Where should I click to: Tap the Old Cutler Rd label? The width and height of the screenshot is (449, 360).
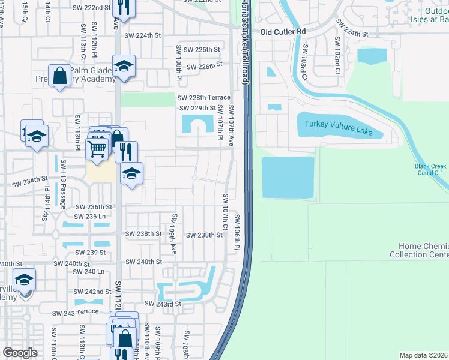coord(283,31)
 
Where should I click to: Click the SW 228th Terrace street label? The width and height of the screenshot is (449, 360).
coord(203,98)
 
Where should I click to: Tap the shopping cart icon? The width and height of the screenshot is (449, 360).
coord(96,147)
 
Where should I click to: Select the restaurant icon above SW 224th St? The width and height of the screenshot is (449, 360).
coord(124,7)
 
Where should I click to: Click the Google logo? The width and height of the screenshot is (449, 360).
coord(20,353)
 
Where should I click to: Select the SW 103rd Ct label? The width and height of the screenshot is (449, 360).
coord(304,62)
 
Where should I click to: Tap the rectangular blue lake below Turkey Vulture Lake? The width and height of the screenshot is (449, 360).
coord(288,177)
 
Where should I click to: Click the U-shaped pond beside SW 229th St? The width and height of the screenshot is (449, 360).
coord(198,125)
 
